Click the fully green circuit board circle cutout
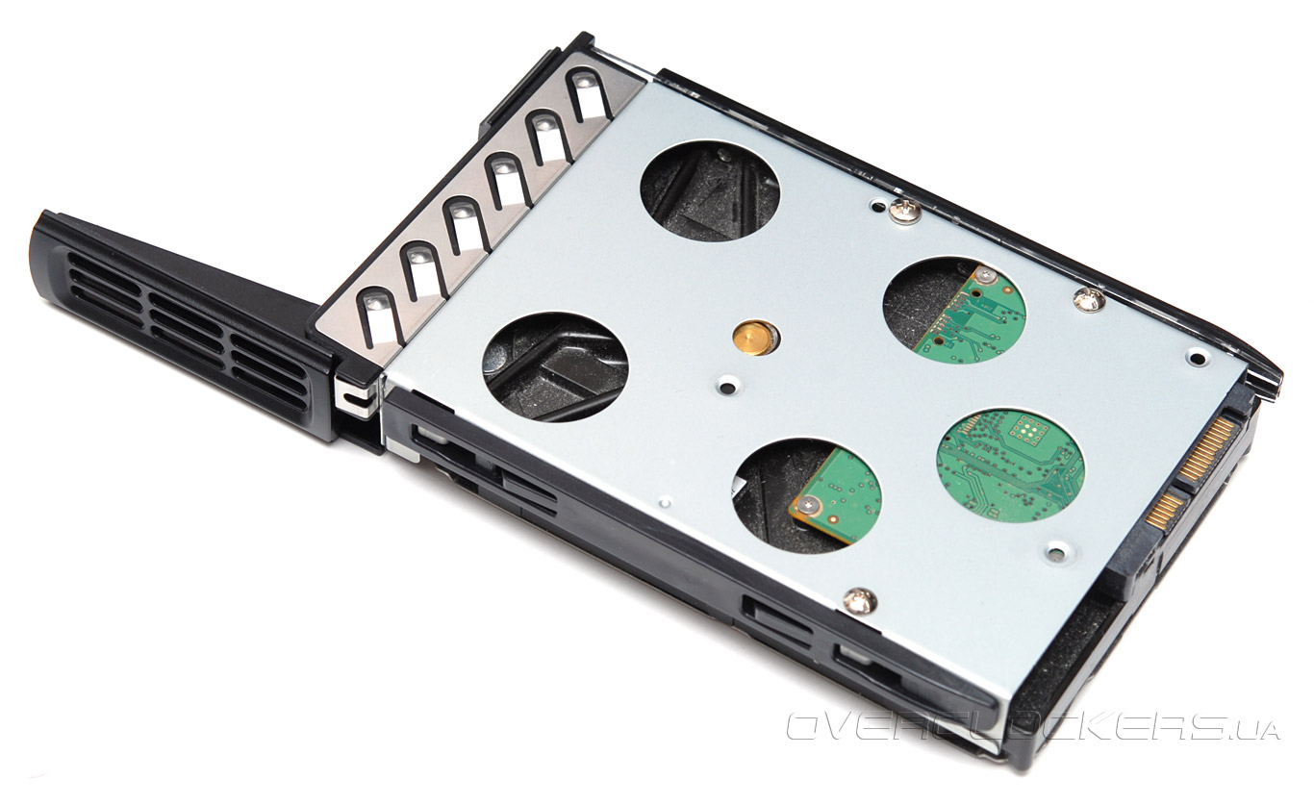click(x=1010, y=465)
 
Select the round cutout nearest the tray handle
click(x=555, y=367)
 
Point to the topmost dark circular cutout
click(x=710, y=191)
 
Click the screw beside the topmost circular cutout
click(x=904, y=210)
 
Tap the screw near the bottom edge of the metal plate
click(x=861, y=601)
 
